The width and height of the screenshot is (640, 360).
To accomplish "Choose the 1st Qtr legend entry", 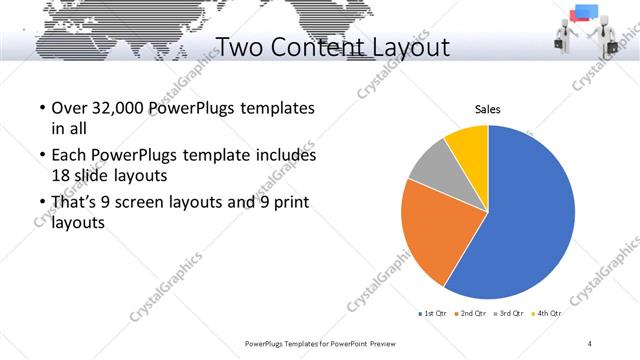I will (x=432, y=314).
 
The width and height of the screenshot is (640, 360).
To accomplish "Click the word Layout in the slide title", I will (x=401, y=47).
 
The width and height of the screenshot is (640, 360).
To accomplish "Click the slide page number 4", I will (x=590, y=343).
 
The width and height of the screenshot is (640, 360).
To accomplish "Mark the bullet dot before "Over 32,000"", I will (x=41, y=108).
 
